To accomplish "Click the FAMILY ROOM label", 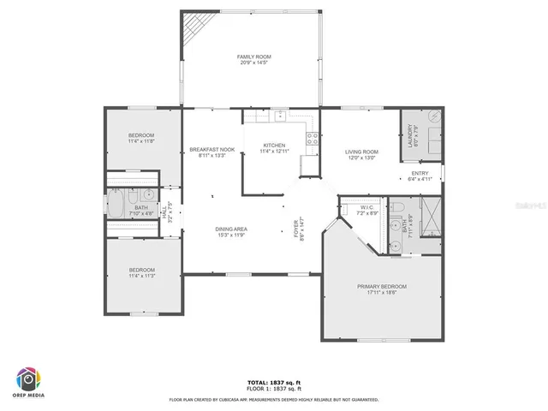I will click(253, 57).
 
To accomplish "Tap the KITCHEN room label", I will click(274, 146).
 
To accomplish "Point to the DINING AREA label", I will click(231, 229).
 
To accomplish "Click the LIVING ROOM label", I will click(362, 152).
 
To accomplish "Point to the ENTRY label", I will click(420, 172).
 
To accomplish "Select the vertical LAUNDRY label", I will click(411, 137).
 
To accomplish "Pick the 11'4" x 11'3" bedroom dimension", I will click(141, 275).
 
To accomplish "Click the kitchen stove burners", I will click(314, 136).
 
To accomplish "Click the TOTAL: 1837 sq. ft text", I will click(273, 382).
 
